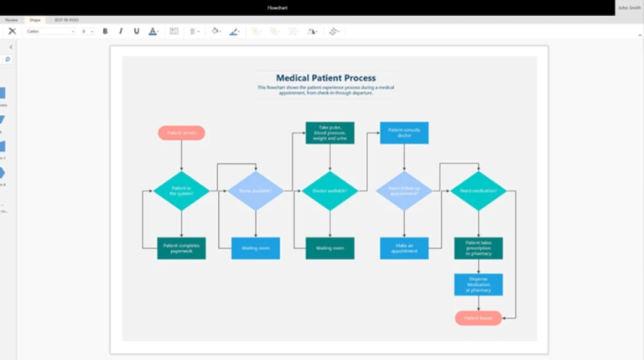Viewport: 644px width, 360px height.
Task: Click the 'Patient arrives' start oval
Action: coord(181,133)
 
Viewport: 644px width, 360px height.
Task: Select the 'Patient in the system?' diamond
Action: coord(181,190)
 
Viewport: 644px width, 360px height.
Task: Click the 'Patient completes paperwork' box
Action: coord(181,248)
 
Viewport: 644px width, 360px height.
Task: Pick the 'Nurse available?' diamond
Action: coord(256,190)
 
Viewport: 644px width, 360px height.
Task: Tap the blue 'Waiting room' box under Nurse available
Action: coord(256,248)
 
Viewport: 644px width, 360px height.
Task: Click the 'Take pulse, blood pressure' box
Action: coord(330,133)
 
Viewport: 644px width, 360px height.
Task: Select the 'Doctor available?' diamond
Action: coord(330,190)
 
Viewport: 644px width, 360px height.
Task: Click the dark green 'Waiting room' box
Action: coord(330,248)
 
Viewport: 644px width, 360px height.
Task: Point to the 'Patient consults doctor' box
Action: coord(404,133)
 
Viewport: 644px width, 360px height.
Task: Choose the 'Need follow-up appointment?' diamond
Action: coord(404,190)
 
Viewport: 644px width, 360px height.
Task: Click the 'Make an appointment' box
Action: coord(404,248)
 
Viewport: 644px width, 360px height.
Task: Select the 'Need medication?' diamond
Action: coord(479,190)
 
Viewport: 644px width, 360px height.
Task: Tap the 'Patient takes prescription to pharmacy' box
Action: coord(479,248)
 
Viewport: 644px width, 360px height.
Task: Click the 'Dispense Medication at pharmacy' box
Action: coord(479,284)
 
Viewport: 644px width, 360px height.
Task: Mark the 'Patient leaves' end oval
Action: coord(479,318)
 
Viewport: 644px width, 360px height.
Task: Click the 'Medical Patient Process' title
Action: coord(326,78)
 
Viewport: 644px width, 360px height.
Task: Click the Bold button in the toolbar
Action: coord(105,31)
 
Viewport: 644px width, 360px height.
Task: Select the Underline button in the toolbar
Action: coord(137,31)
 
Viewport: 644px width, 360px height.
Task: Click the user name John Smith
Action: coord(628,8)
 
